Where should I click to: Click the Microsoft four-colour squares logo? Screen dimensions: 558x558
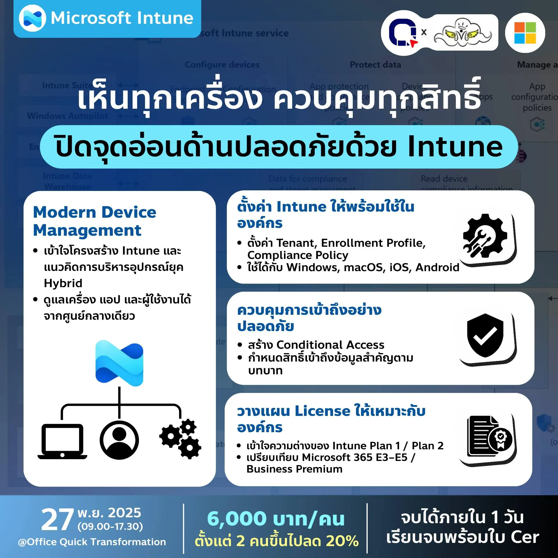[x=525, y=33]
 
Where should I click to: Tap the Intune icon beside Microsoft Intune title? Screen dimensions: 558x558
[x=32, y=18]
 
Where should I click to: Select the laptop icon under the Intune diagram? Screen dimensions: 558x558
[x=62, y=441]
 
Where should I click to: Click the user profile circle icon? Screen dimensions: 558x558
[x=119, y=440]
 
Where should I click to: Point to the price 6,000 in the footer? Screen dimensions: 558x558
[x=237, y=519]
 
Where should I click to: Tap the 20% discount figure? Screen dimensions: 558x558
[x=342, y=541]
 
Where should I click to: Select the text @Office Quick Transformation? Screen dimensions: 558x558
[x=92, y=542]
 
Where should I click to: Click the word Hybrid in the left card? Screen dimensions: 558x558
[x=63, y=283]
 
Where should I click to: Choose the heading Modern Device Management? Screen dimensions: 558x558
[x=94, y=221]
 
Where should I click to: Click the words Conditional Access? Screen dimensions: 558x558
[x=330, y=345]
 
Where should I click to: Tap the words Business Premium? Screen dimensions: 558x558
[x=294, y=469]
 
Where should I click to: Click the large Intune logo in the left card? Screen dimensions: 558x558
[x=119, y=363]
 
